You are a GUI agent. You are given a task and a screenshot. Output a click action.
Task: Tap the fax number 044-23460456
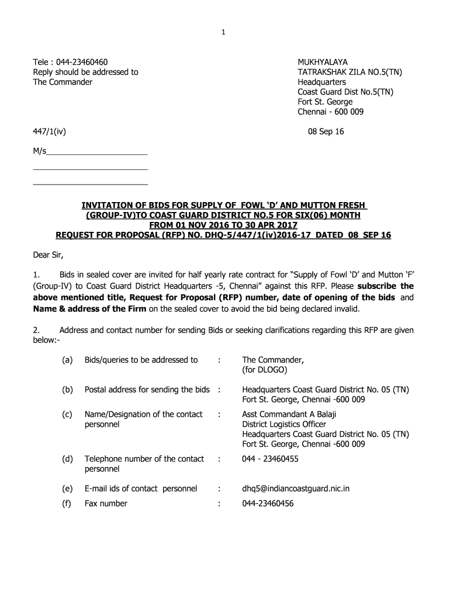(x=268, y=503)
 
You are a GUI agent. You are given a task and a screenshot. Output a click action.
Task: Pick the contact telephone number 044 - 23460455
(x=270, y=459)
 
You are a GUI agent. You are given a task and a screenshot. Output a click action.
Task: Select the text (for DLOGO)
(x=265, y=370)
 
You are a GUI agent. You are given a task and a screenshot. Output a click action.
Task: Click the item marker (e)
(x=67, y=488)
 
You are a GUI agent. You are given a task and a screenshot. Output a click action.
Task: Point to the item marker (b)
(x=67, y=390)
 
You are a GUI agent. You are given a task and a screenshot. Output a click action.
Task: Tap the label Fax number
(x=106, y=503)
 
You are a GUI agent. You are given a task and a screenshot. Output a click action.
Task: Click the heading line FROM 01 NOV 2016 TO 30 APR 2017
(x=224, y=225)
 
